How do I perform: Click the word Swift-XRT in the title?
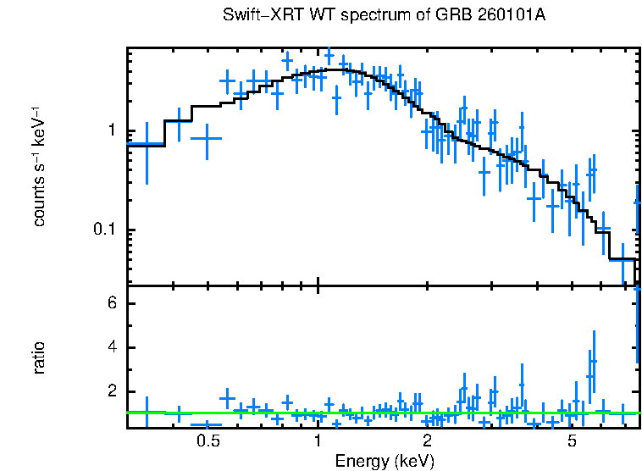256,16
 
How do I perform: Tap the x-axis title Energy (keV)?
385,461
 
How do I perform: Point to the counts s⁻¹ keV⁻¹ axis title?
39,167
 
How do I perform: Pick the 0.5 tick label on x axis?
208,441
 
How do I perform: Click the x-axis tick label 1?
318,441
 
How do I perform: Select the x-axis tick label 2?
428,441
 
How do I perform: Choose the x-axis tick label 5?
573,441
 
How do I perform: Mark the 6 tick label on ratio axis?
111,304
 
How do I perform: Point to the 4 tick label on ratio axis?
111,348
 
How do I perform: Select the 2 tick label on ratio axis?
111,392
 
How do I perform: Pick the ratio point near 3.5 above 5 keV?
593,362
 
